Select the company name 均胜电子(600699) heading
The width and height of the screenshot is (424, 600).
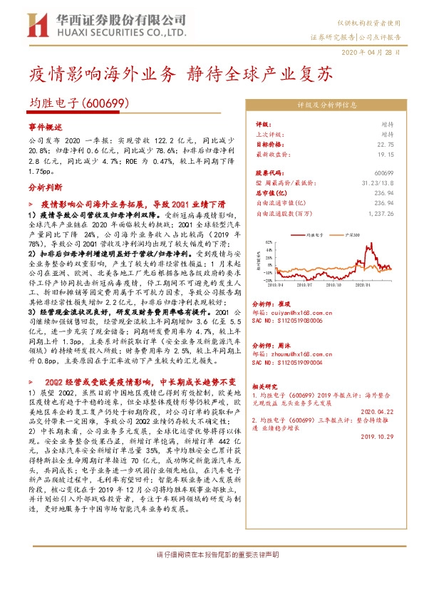(x=78, y=103)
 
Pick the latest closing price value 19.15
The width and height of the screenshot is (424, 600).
(x=386, y=153)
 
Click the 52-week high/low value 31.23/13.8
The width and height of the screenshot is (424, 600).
(x=379, y=183)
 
